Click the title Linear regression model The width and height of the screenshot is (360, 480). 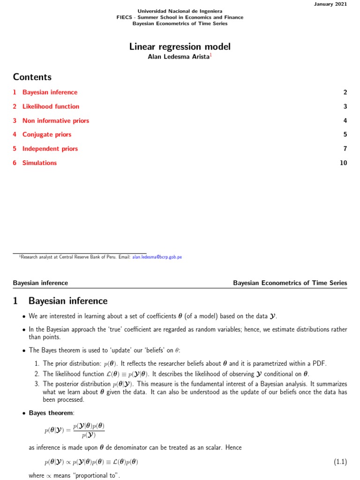click(180, 47)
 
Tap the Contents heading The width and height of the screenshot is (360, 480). click(32, 77)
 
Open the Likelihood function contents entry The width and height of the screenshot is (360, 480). click(51, 106)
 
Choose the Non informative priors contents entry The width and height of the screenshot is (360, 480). click(55, 120)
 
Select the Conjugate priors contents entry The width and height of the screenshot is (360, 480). click(47, 135)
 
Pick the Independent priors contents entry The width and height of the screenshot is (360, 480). click(50, 149)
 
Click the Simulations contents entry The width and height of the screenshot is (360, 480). click(39, 163)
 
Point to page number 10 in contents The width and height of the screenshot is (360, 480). click(344, 163)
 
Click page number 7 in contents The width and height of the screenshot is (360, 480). click(345, 149)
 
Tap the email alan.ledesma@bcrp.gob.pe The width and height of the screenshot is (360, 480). click(157, 257)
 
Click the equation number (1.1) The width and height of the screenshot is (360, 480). click(340, 462)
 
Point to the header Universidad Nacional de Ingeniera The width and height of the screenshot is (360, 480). click(180, 11)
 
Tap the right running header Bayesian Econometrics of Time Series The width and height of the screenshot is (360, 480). click(290, 283)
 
